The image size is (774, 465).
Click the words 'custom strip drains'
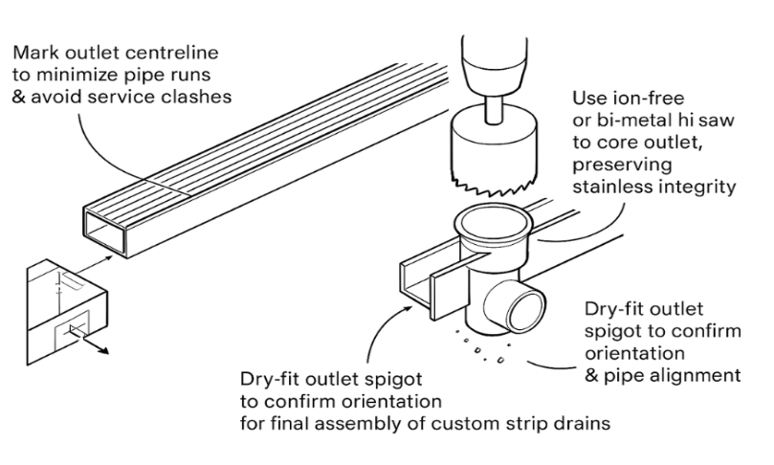(x=531, y=422)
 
